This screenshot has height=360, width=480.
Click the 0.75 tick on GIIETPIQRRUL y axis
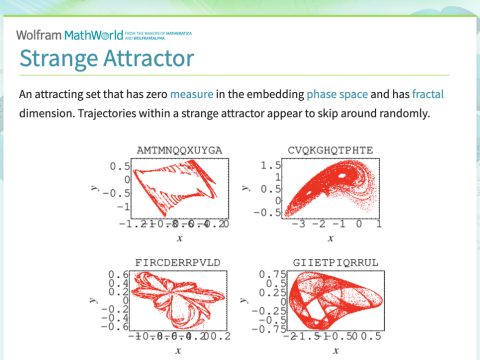click(x=269, y=274)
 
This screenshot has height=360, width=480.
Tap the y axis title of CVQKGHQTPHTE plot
click(x=253, y=187)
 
